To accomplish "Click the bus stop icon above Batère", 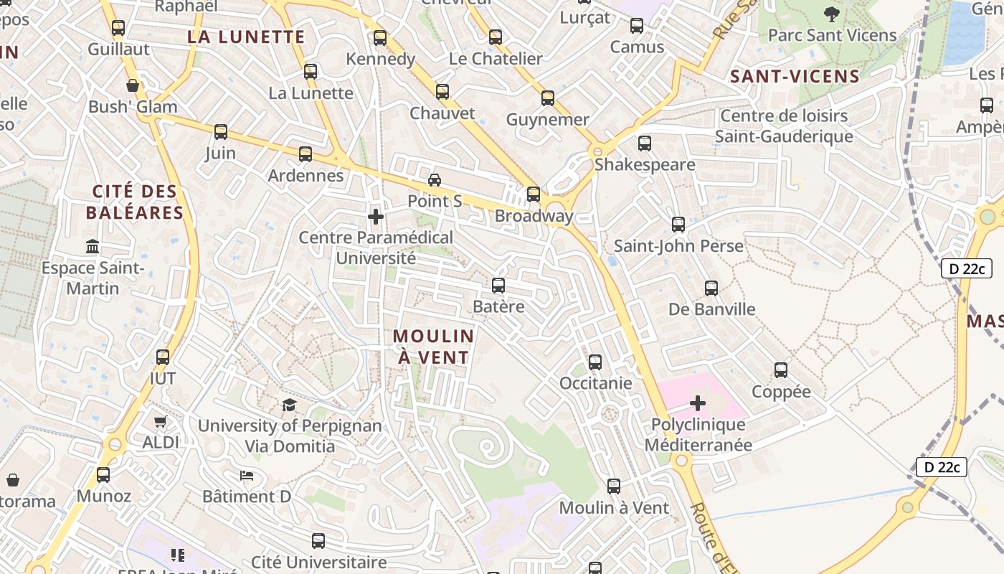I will click(498, 286).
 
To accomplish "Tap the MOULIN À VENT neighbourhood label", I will click(433, 347).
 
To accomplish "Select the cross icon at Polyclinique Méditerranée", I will click(697, 403).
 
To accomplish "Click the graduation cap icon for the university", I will click(289, 405).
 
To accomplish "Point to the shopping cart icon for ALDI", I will click(160, 422).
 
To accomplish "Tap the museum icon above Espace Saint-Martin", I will click(93, 247).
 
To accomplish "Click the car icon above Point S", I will click(434, 180).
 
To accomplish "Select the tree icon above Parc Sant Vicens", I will click(832, 14).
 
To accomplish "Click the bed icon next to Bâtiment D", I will click(246, 475).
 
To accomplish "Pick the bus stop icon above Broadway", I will click(533, 194).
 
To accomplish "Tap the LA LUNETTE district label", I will click(246, 37).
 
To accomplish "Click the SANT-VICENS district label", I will click(795, 77).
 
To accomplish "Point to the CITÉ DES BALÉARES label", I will click(135, 202).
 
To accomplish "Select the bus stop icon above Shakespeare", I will click(644, 143).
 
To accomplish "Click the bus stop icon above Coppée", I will click(780, 370).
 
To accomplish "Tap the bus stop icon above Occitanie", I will click(595, 362).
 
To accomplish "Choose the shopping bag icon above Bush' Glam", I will click(133, 86).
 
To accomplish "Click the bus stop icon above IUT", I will click(163, 357).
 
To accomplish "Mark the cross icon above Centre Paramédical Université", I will click(375, 216).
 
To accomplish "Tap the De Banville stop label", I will click(711, 309).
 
